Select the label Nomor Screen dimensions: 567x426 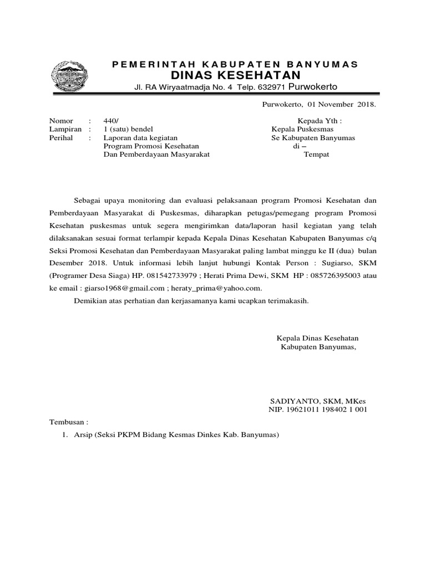(61, 121)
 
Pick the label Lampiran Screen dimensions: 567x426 (65, 129)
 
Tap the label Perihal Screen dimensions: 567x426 (61, 137)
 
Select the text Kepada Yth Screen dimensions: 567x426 (319, 121)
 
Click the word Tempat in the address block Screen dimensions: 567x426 (316, 154)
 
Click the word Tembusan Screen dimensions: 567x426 (68, 421)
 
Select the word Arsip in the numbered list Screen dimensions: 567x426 (83, 435)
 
